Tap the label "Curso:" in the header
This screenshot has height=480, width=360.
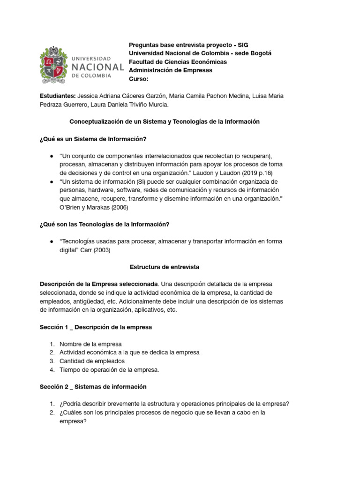[x=138, y=79]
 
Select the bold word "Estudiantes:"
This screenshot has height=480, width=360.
[x=58, y=96]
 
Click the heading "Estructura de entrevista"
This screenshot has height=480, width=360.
[x=165, y=267]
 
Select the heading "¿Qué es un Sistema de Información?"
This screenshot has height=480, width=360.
[x=93, y=139]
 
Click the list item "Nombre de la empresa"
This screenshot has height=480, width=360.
[x=90, y=344]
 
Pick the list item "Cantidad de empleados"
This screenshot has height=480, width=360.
[x=92, y=361]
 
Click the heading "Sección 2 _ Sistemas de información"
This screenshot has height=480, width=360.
[x=93, y=387]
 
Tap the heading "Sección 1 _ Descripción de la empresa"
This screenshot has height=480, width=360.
[x=96, y=327]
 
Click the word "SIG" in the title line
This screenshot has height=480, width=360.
[x=243, y=45]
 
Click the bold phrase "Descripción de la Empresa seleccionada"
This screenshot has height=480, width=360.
[x=99, y=284]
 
